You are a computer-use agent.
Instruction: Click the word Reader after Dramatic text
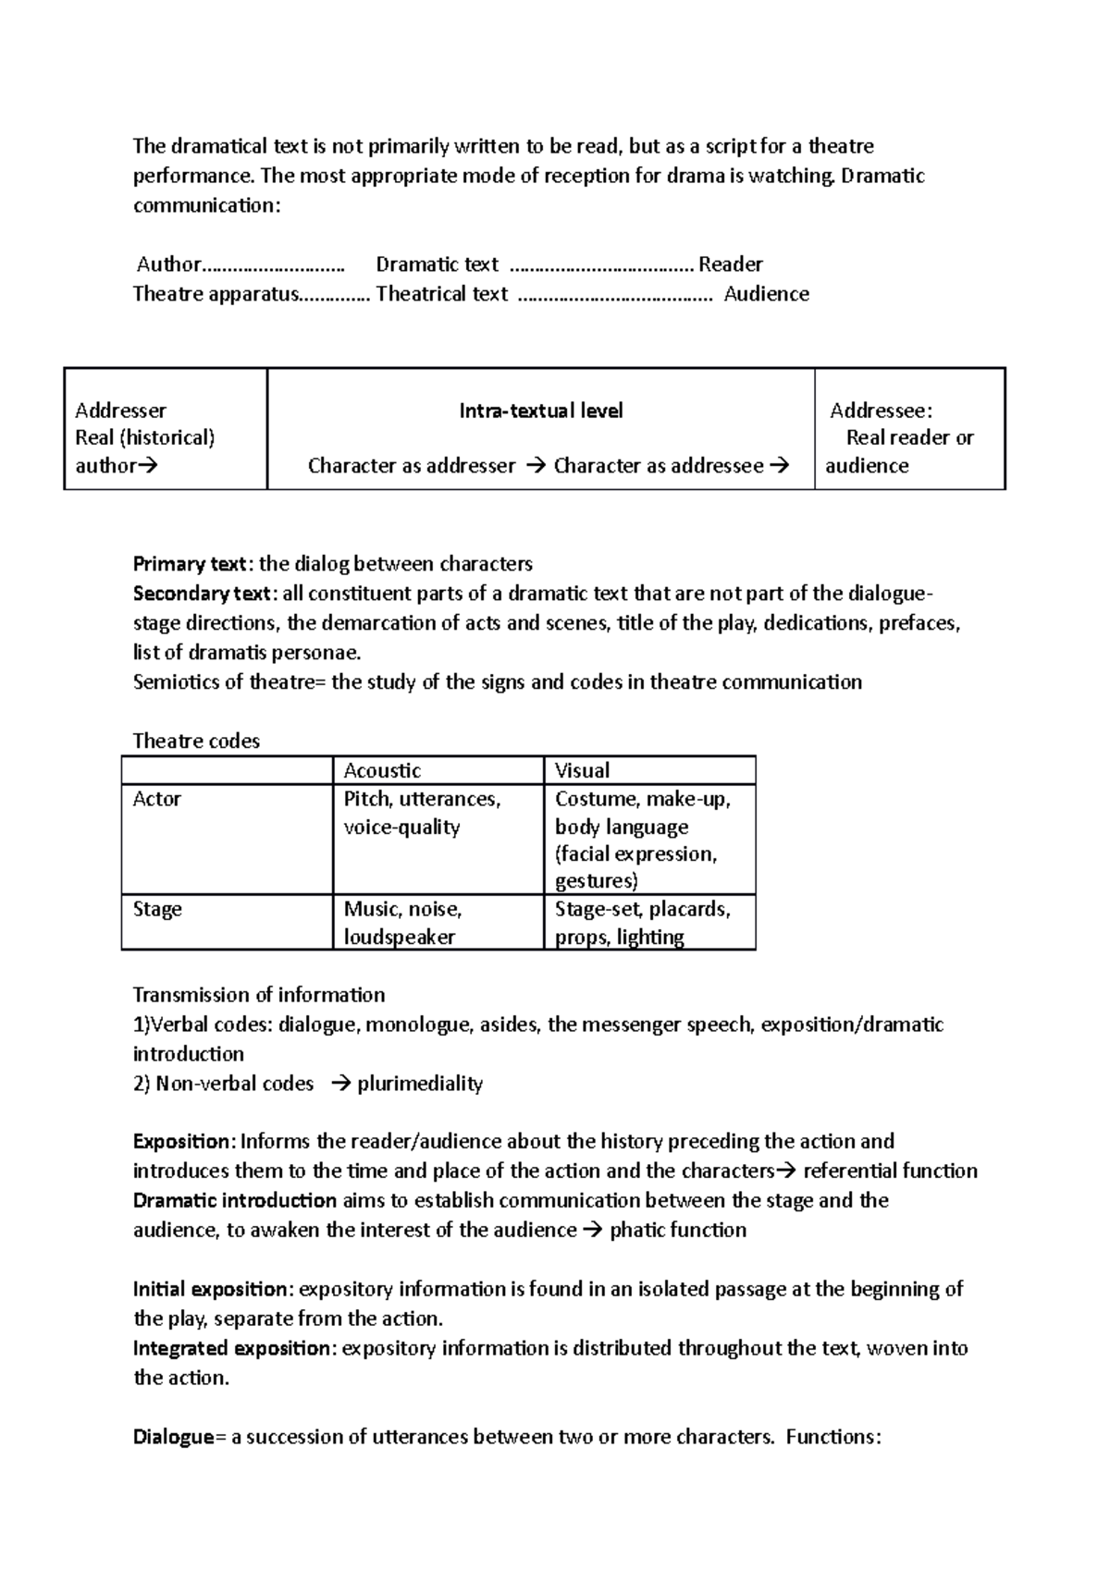(730, 264)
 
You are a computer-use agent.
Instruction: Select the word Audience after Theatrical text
(766, 294)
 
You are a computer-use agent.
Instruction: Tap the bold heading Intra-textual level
(541, 411)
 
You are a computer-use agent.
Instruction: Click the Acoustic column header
(382, 770)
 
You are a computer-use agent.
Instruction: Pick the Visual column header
(582, 770)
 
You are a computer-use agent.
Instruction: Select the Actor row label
(156, 799)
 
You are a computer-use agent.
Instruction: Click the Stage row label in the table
(157, 909)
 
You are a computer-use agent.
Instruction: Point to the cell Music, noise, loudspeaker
(402, 923)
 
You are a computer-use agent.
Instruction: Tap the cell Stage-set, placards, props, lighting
(642, 923)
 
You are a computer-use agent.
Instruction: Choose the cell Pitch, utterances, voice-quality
(422, 813)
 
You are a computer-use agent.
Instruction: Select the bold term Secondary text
(203, 594)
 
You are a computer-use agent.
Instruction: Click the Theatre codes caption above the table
(196, 741)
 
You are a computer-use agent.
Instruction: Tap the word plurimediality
(420, 1084)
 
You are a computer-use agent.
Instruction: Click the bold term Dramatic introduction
(235, 1200)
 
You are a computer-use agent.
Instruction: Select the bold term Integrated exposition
(231, 1348)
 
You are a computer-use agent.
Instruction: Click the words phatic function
(678, 1230)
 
